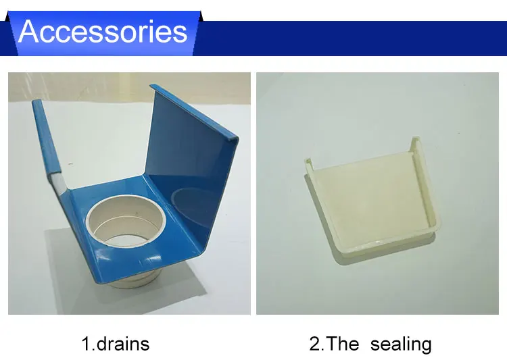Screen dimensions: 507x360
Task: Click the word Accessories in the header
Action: click(x=103, y=31)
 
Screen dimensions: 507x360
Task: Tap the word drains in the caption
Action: click(x=123, y=344)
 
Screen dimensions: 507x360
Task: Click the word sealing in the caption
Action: click(x=401, y=344)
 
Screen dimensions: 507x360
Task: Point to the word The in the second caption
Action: click(x=343, y=344)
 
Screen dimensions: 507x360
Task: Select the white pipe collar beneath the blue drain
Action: click(x=132, y=280)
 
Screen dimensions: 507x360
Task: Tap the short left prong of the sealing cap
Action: click(x=308, y=164)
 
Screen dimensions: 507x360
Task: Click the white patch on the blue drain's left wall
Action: click(x=57, y=181)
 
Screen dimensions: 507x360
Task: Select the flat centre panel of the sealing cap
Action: click(x=368, y=201)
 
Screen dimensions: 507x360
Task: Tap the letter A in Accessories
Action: click(x=29, y=31)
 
